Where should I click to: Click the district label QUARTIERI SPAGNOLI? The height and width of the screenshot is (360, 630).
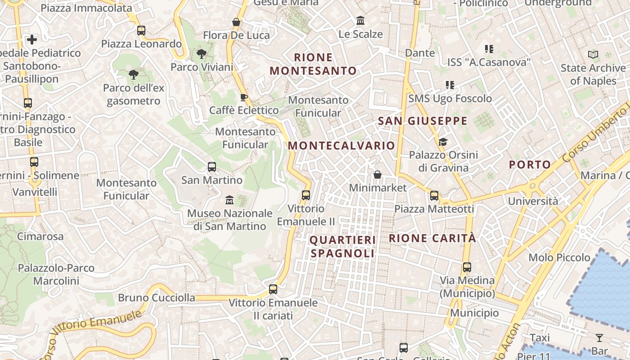(342, 247)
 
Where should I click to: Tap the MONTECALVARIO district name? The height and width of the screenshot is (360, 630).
(342, 146)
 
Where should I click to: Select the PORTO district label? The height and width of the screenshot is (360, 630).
(530, 165)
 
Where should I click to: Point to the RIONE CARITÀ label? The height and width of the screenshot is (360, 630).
(432, 238)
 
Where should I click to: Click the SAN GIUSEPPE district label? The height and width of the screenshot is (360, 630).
(423, 121)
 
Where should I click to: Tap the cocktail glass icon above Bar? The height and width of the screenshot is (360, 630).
(599, 337)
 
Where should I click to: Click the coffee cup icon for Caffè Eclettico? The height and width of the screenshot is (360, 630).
(244, 97)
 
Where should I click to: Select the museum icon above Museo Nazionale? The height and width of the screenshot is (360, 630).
(229, 199)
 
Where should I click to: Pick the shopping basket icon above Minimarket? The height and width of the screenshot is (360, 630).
(378, 175)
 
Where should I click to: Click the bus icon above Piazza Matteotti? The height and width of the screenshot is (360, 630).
(434, 196)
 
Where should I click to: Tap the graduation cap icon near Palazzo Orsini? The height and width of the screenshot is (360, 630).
(443, 142)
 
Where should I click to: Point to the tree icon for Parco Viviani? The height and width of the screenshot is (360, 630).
(202, 54)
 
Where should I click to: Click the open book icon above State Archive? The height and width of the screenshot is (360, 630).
(593, 55)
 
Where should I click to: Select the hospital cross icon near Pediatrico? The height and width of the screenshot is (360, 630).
(32, 40)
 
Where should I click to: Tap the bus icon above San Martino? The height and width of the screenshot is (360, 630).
(212, 167)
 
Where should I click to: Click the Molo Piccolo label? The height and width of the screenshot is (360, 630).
(559, 258)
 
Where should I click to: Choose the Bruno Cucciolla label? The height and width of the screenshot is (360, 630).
(157, 298)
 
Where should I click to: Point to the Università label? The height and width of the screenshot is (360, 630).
(533, 201)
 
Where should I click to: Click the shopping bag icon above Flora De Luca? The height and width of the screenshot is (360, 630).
(236, 22)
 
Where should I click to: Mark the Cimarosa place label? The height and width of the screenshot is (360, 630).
(40, 236)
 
